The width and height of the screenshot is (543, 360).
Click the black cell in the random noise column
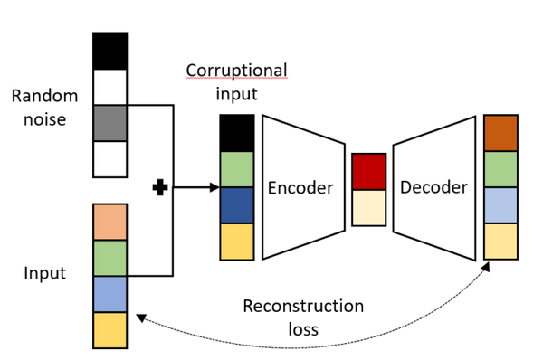[110, 50]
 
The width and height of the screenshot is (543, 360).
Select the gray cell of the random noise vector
[110, 122]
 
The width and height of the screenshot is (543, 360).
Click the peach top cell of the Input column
[110, 222]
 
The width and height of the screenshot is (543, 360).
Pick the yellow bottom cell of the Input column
[110, 330]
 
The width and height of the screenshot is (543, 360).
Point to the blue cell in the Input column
[110, 294]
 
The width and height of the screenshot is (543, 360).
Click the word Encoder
[300, 188]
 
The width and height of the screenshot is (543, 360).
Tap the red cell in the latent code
[368, 171]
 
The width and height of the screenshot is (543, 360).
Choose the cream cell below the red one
[368, 207]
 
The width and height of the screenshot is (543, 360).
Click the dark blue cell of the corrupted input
[237, 204]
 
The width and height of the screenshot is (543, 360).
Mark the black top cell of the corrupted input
[237, 133]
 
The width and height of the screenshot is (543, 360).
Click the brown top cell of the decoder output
[500, 132]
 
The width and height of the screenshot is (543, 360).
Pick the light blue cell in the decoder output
[500, 204]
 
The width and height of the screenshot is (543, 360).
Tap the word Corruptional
[236, 70]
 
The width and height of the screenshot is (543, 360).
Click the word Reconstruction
[303, 307]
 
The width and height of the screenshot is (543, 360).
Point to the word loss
[303, 329]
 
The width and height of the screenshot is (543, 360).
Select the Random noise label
[45, 107]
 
